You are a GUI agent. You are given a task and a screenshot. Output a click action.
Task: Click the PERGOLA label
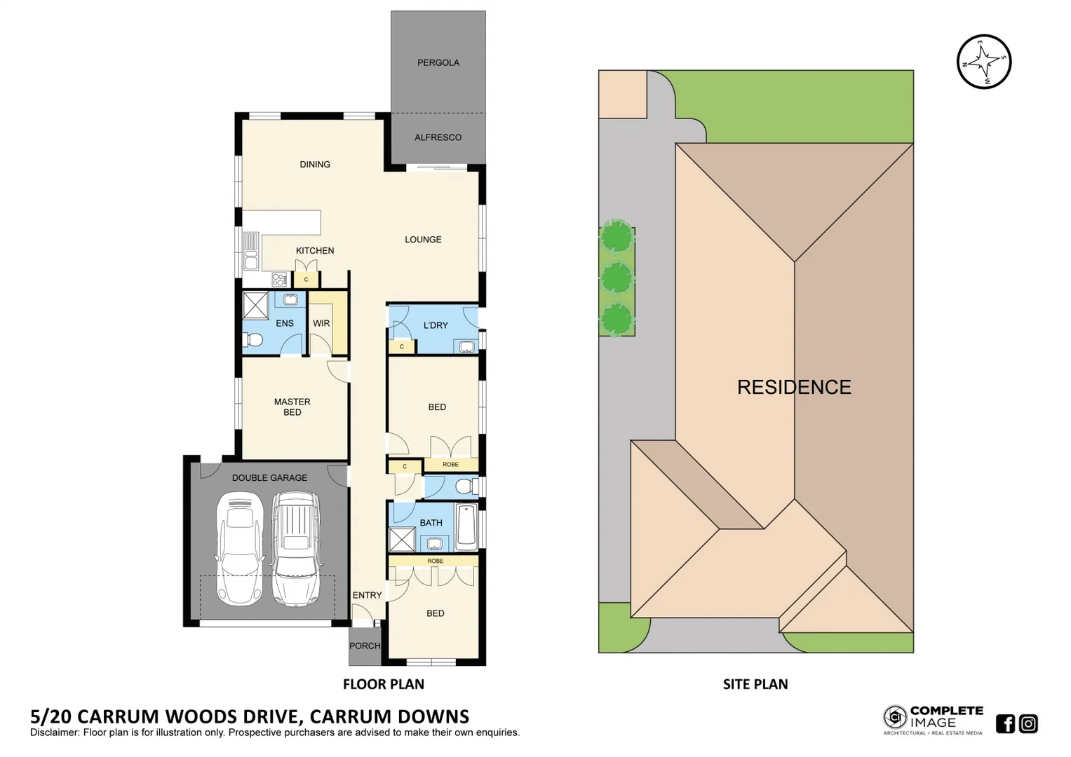[438, 62]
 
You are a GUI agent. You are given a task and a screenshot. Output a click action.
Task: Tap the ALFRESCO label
[438, 137]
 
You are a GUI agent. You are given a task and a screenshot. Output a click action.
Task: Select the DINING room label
[315, 164]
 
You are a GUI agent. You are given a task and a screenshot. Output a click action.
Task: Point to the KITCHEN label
[315, 250]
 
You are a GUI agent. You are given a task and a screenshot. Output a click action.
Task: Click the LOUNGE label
[423, 239]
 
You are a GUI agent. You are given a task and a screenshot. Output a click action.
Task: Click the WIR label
[321, 323]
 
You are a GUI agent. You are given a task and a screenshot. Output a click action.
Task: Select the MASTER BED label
[292, 407]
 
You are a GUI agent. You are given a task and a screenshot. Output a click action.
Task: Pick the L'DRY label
[436, 325]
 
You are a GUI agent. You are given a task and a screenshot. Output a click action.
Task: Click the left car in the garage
[240, 548]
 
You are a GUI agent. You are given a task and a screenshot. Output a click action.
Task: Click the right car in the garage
[295, 548]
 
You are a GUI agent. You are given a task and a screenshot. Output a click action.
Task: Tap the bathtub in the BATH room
[466, 527]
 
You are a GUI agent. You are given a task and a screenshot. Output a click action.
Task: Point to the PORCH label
[365, 646]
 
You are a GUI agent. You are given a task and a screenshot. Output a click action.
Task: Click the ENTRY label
[367, 595]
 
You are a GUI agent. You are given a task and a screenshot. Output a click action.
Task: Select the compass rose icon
[984, 62]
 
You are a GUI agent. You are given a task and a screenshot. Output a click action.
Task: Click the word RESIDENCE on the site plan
[794, 387]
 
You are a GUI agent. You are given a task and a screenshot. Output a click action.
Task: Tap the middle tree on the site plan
[617, 278]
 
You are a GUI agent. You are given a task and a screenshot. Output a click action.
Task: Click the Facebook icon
[1005, 723]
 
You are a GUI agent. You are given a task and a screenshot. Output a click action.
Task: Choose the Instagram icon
[1028, 723]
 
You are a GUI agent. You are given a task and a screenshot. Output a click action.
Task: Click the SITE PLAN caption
[755, 684]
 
